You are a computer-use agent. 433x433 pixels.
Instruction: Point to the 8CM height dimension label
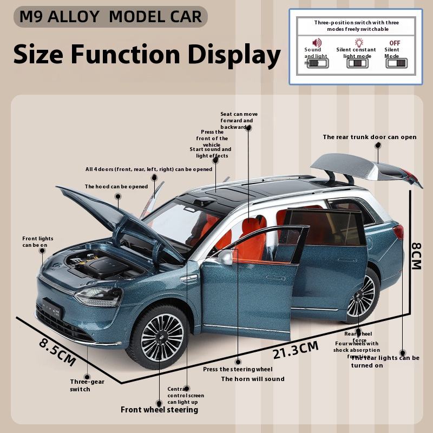click(416, 255)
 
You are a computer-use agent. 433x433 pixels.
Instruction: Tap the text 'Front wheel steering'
click(159, 410)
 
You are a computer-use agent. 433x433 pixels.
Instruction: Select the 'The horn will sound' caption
click(252, 379)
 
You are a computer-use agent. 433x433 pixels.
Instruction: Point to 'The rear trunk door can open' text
click(370, 137)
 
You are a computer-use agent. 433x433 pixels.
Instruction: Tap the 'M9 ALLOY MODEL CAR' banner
click(110, 17)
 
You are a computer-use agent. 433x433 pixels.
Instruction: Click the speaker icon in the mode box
click(317, 42)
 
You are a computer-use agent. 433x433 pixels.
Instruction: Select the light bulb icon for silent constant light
click(359, 42)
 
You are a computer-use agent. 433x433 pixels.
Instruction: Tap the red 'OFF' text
click(395, 42)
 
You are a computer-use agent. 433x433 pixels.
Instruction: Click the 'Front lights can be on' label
click(38, 241)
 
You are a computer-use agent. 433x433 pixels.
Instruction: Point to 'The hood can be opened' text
click(116, 187)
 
